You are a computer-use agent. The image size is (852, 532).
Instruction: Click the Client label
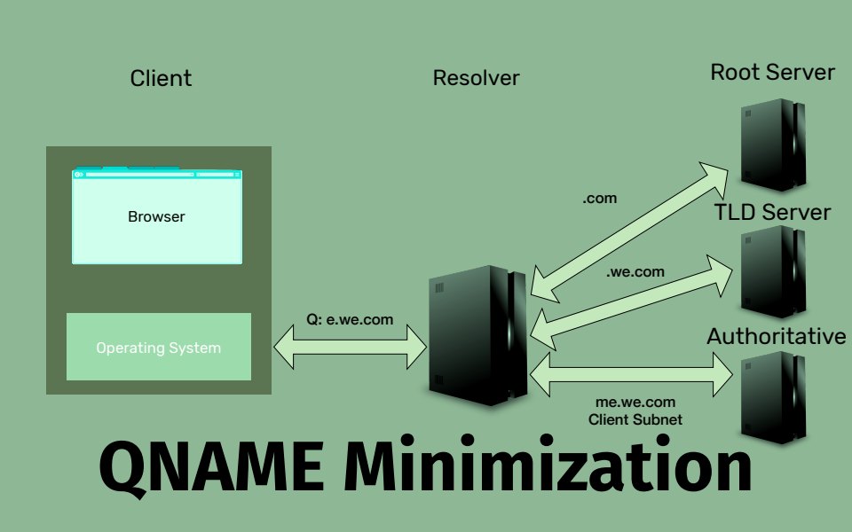[x=161, y=78]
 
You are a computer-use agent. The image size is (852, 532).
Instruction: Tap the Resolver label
[x=476, y=78]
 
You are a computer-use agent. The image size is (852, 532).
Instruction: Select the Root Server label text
[x=772, y=72]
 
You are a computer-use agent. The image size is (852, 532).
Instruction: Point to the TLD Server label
[x=772, y=212]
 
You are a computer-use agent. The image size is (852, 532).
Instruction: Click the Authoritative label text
[x=777, y=336]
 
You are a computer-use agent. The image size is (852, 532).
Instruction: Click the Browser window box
[x=156, y=217]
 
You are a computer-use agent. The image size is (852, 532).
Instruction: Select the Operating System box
[x=158, y=347]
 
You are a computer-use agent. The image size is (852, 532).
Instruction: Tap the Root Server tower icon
[x=773, y=144]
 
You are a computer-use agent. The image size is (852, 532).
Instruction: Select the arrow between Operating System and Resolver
[x=351, y=346]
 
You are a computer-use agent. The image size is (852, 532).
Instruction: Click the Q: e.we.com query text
[x=350, y=319]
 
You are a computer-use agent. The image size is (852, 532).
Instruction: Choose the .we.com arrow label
[x=635, y=272]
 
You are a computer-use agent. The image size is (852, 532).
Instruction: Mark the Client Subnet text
[x=635, y=419]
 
